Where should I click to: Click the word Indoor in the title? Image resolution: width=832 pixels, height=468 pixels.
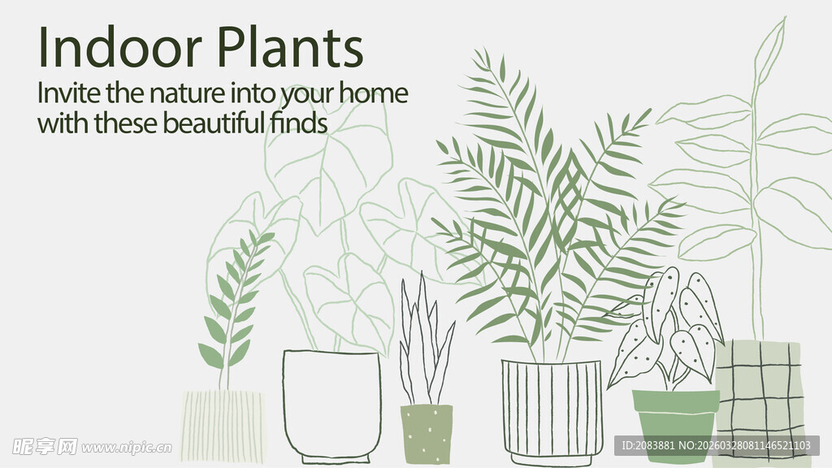click(x=120, y=47)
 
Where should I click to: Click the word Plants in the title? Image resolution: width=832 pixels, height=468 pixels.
click(x=291, y=47)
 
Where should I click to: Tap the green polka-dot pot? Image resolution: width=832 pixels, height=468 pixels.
click(x=427, y=434)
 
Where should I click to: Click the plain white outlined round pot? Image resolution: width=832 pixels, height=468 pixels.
click(x=332, y=406)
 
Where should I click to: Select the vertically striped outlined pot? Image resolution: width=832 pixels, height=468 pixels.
click(x=552, y=412)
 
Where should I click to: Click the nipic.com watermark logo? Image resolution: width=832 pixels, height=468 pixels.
click(x=92, y=447)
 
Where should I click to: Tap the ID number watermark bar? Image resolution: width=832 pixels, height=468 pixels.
click(x=717, y=445)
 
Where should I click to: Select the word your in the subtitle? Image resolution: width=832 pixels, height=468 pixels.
click(x=308, y=95)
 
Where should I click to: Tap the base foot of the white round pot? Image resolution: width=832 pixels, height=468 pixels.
click(x=331, y=458)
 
